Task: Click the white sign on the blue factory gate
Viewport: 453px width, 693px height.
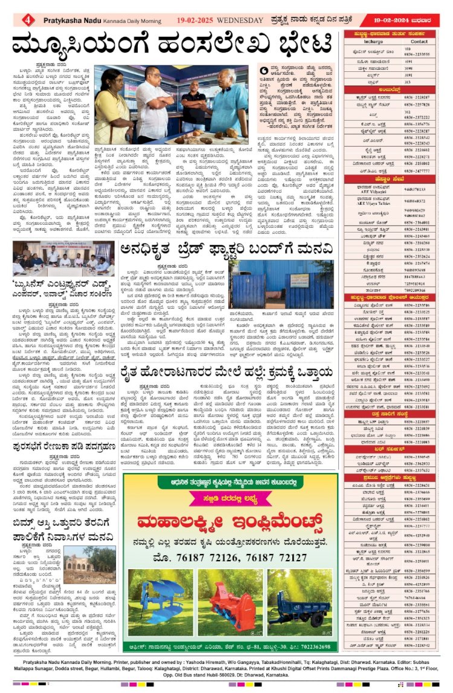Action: [x=300, y=281]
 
